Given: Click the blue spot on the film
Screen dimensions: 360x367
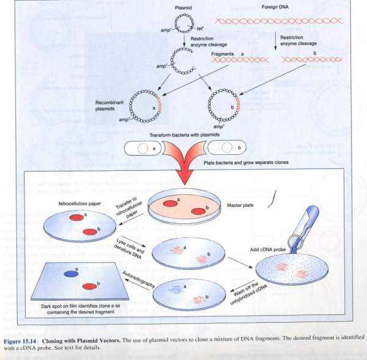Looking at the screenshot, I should tap(72, 274).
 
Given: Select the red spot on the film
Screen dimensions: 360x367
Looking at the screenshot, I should tap(91, 286).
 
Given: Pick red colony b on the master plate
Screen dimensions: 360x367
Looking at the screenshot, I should tap(198, 211).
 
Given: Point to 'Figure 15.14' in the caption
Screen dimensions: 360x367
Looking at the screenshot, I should tap(22, 337).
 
